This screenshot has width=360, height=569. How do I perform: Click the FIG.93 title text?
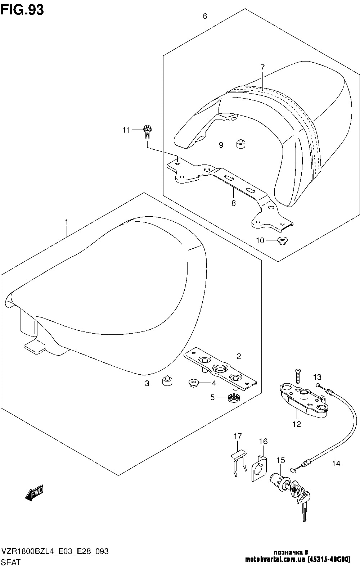(22, 10)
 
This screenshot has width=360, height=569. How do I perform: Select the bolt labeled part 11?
(147, 131)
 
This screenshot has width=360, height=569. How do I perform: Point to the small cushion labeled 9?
(241, 144)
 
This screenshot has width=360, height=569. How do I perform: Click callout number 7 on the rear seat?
(262, 67)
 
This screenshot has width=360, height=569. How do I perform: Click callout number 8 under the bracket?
(234, 203)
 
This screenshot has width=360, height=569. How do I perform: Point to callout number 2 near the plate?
(239, 357)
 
